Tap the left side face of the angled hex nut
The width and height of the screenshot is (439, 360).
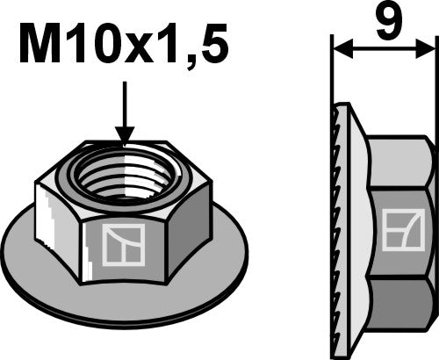tap(55, 214)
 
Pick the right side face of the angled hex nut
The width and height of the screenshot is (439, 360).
tap(195, 216)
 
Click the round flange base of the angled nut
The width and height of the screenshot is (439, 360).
tap(123, 299)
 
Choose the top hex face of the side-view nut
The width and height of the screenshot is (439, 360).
tap(402, 162)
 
